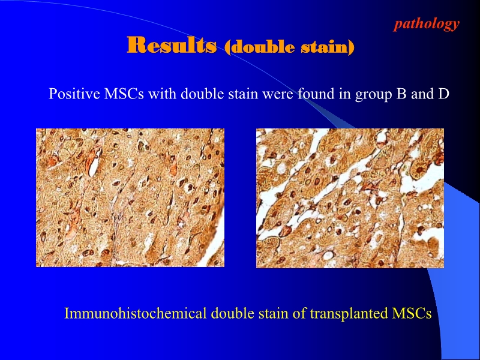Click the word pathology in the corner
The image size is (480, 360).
(427, 24)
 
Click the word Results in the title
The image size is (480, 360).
(172, 45)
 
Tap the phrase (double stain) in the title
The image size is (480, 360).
(289, 46)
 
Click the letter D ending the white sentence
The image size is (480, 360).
(443, 94)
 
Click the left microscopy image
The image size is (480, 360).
(130, 197)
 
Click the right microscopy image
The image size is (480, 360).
(350, 197)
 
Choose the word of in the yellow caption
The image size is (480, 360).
(300, 314)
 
